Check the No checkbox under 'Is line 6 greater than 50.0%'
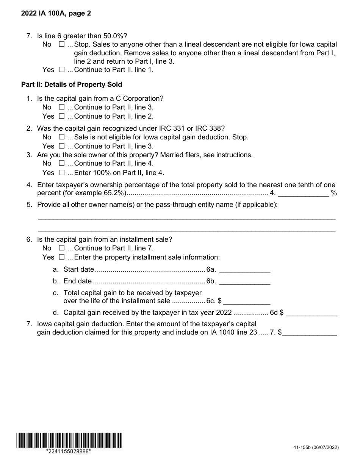point(62,44)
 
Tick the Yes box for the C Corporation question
point(62,116)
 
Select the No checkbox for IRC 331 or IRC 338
point(62,137)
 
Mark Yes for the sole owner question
point(62,173)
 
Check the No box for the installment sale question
point(62,248)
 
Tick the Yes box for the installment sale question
point(62,257)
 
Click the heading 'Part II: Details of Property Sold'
point(72,84)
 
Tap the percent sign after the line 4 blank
point(334,193)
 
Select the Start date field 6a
point(245,270)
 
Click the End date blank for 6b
point(245,281)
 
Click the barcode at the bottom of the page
point(69,440)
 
